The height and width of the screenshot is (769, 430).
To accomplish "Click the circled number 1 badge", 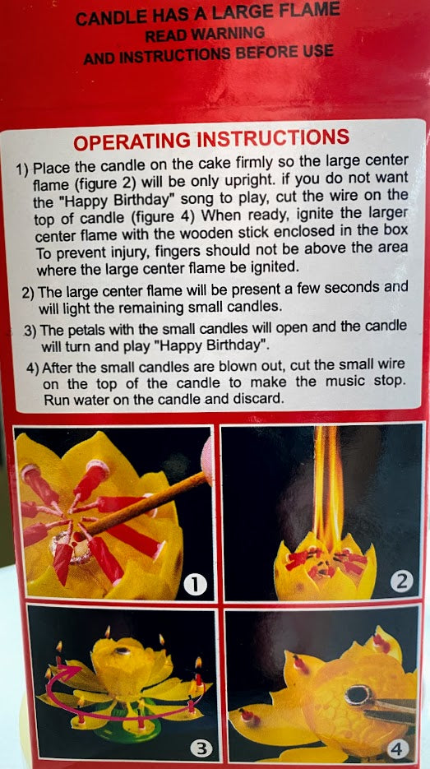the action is point(195,585).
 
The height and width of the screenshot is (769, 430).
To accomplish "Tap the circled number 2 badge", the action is point(402,581).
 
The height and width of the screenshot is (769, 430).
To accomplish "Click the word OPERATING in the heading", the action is point(132,141).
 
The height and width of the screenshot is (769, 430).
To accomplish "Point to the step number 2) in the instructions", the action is point(29,293).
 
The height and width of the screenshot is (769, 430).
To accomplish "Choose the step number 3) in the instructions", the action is point(30,331).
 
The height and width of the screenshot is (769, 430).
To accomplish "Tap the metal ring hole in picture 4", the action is point(359,694).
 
